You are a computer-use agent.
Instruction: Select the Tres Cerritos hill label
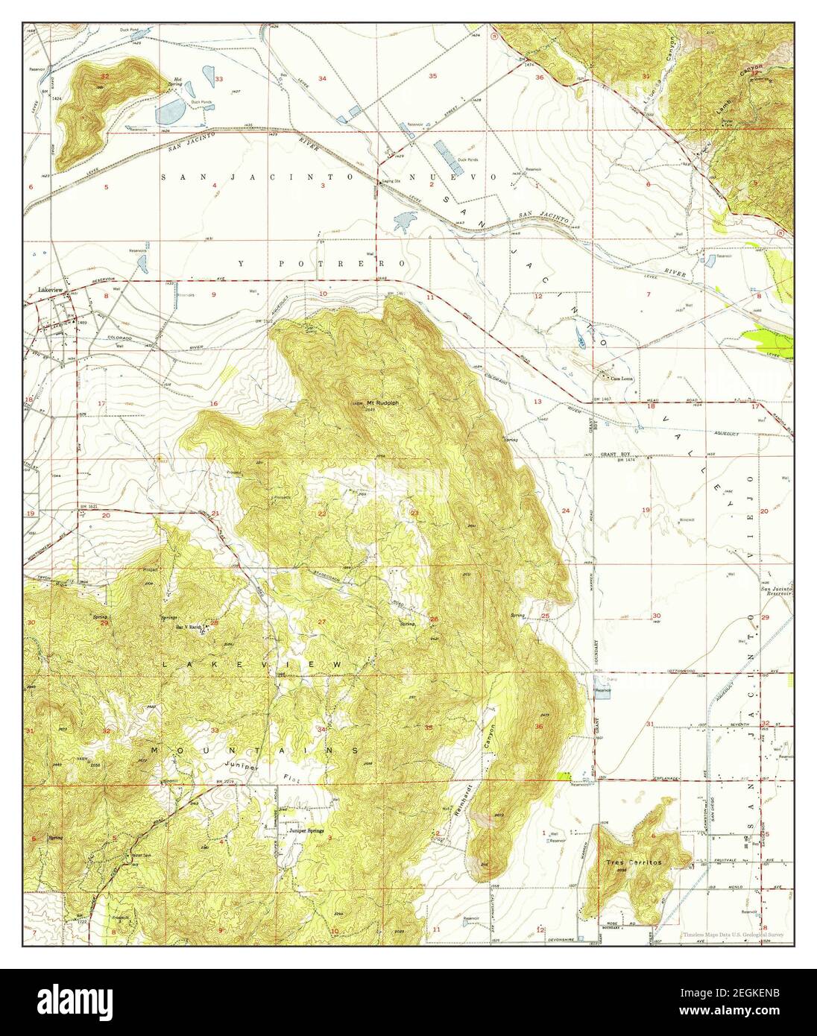634,862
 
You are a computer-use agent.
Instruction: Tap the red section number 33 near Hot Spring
219,78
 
